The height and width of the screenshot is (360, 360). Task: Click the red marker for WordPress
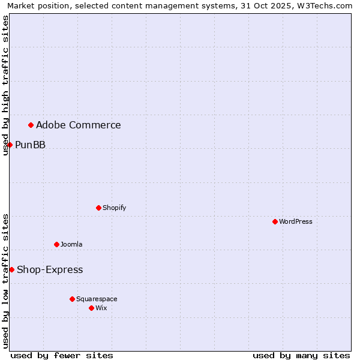[x=275, y=221]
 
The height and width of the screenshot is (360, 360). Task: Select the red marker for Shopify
[x=98, y=208]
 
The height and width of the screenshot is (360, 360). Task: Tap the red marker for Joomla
[x=56, y=244]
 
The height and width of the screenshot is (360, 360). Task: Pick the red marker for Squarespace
[x=72, y=299]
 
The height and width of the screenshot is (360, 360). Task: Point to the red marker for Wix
[x=91, y=308]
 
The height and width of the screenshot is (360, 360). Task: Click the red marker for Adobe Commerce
[x=31, y=125]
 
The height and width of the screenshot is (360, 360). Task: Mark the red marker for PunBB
[x=10, y=145]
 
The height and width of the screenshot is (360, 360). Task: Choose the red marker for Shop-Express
[x=11, y=269]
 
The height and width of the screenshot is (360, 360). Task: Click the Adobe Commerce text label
[x=78, y=125]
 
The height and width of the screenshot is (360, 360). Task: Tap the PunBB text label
[x=30, y=145]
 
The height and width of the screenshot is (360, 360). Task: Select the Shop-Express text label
[x=50, y=269]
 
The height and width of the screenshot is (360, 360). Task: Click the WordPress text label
[x=295, y=221]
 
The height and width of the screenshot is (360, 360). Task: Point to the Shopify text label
[x=114, y=208]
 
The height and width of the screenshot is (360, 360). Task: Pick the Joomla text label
[x=71, y=244]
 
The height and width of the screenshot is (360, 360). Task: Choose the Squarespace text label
[x=97, y=299]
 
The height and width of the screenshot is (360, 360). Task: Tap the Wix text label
[x=101, y=308]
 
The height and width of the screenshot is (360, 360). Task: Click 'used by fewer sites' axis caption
[x=62, y=355]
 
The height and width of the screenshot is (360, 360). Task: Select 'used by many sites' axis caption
[x=301, y=355]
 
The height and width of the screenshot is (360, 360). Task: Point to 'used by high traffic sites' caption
[x=5, y=85]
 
